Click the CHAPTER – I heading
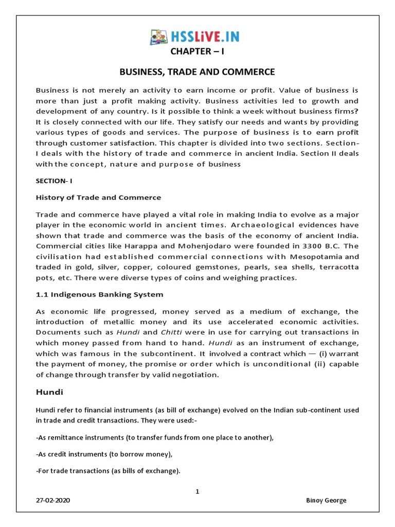tap(197, 52)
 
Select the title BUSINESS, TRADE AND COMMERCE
tap(197, 72)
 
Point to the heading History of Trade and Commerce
tap(98, 198)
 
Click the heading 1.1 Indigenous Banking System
tap(100, 294)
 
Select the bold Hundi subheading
tap(49, 392)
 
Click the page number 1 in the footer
tap(197, 492)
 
